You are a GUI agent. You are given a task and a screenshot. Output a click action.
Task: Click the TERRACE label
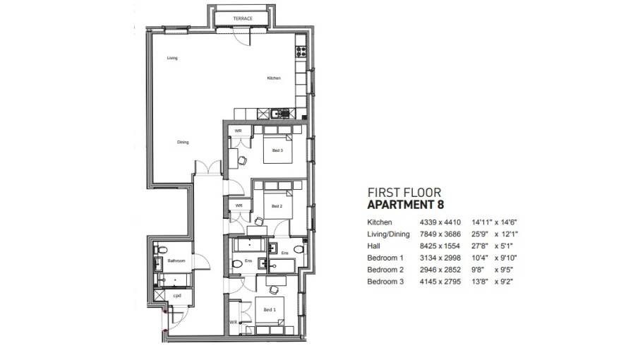point(243,18)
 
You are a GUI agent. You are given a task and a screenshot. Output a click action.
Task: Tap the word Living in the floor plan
point(172,58)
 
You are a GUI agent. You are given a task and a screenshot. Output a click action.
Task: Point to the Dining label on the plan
point(183,143)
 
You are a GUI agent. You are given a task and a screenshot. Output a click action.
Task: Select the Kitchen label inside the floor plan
point(274,78)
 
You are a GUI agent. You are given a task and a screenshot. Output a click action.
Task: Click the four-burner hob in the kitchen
point(301,51)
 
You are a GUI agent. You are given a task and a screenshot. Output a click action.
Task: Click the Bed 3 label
point(277,150)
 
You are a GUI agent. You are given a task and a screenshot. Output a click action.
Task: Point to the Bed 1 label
point(269,309)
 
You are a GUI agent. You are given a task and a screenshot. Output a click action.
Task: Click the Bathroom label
point(176,261)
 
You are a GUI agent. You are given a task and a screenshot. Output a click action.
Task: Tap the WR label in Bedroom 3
point(239,131)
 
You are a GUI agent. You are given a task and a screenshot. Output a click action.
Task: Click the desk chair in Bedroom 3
point(243,160)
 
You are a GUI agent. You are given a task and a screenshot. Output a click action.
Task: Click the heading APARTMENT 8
point(404,205)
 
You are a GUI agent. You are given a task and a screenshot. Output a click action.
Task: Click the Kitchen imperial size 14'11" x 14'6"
point(499,222)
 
